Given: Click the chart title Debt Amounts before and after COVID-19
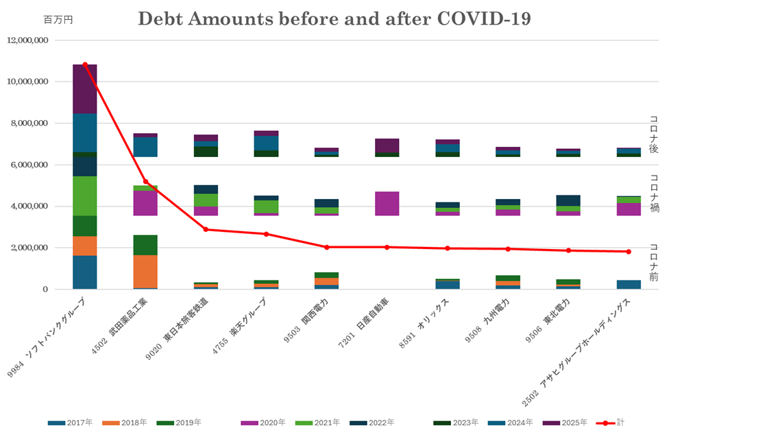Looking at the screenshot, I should click(334, 19).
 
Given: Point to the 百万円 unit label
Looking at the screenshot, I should click(58, 20).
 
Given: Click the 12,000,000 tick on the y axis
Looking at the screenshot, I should click(27, 40).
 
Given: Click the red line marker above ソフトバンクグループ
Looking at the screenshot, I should click(85, 64).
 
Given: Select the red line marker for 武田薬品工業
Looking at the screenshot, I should click(145, 182).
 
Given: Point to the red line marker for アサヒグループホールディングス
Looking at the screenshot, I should click(628, 252).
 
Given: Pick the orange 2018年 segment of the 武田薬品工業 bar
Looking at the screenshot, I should click(145, 271).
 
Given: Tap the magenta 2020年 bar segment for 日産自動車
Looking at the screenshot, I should click(387, 204).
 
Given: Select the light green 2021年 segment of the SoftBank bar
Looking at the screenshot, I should click(85, 196).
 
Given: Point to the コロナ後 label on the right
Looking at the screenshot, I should click(653, 134).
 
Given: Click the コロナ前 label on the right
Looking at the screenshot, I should click(653, 261).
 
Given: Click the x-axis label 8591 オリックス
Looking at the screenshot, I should click(425, 323).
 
